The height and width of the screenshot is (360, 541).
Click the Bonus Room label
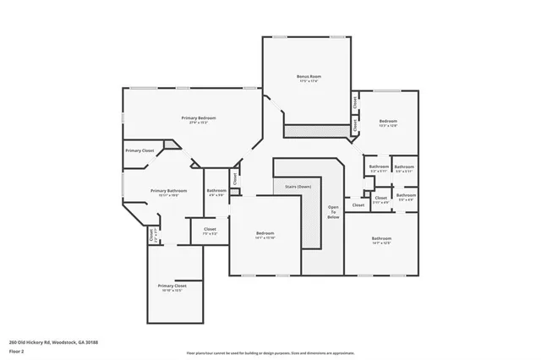coord(308,76)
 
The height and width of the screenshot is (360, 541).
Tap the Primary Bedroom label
coord(199,117)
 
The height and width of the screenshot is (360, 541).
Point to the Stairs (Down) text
coord(292,186)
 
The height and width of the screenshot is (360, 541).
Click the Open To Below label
coord(334,212)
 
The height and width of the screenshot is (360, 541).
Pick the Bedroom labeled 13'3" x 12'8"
coord(388,121)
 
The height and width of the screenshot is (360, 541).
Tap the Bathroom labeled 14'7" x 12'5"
coord(381,238)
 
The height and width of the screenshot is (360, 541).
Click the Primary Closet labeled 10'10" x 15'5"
coord(172,286)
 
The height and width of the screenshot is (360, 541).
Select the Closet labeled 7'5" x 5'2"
coord(210,228)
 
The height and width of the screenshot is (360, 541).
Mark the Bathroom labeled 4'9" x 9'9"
coord(216,190)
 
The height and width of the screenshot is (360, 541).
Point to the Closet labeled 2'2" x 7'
coord(152,236)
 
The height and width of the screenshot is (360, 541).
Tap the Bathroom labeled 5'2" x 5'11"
coord(404,166)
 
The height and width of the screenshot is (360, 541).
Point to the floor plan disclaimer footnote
coord(270,353)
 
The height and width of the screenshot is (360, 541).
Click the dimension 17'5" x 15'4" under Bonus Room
coord(308,81)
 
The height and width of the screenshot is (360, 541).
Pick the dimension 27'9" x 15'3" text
coord(199,123)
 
